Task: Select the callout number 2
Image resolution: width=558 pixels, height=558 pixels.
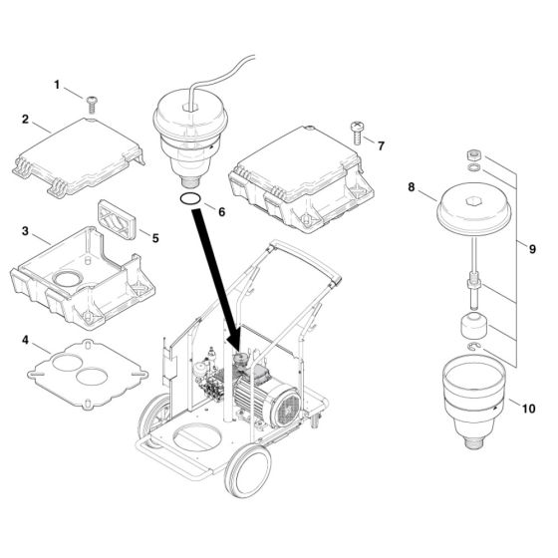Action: [x=25, y=120]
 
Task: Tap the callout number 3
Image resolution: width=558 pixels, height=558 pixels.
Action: [x=25, y=232]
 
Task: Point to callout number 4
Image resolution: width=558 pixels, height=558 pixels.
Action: [x=25, y=341]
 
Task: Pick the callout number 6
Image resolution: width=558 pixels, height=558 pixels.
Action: [x=222, y=212]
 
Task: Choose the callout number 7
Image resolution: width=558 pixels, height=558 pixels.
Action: [x=380, y=143]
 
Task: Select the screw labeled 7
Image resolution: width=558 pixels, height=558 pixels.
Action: [x=355, y=128]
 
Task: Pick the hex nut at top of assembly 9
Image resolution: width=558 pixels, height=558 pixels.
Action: [x=475, y=154]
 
